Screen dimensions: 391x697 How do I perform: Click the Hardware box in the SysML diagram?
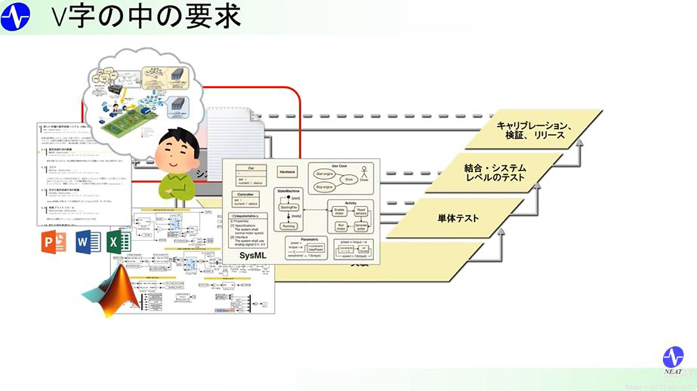click(x=288, y=174)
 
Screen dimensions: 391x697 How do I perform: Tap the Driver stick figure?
click(x=365, y=174)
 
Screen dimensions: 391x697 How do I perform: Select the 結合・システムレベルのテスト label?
click(x=494, y=172)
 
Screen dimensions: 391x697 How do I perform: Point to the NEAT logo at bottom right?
click(x=673, y=361)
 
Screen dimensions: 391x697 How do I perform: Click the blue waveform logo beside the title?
click(x=16, y=17)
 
